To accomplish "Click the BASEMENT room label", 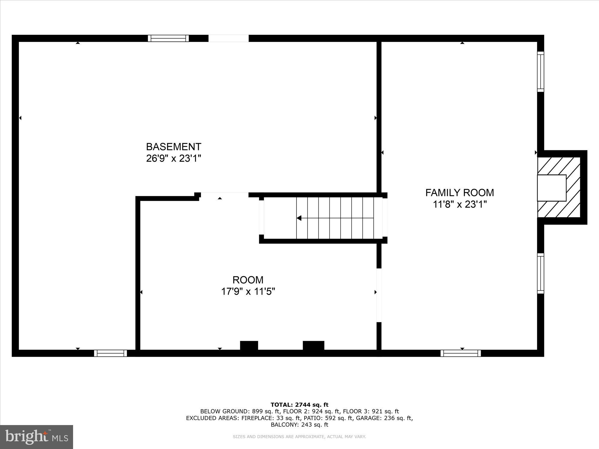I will [173, 147].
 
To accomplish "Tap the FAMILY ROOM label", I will [459, 192].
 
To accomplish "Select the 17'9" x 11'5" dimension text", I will [248, 291].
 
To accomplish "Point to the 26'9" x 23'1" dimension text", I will [173, 158].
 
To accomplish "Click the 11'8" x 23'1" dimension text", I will [460, 204].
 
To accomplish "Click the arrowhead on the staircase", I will [299, 218].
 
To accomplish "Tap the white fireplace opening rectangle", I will [551, 188].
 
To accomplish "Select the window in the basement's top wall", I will [168, 38].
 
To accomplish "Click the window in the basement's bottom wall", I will [111, 353].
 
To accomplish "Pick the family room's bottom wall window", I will [461, 353].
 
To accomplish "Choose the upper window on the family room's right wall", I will [540, 72].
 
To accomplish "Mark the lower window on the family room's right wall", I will [540, 273].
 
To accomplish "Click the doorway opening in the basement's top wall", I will [228, 38].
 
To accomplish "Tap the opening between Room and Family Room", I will [379, 295].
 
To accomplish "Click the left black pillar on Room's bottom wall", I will [249, 345].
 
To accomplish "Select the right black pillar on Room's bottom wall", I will [313, 345].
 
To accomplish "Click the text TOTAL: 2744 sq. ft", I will [299, 405].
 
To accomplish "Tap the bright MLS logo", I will [37, 437].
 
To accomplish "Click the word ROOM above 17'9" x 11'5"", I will [248, 280].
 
